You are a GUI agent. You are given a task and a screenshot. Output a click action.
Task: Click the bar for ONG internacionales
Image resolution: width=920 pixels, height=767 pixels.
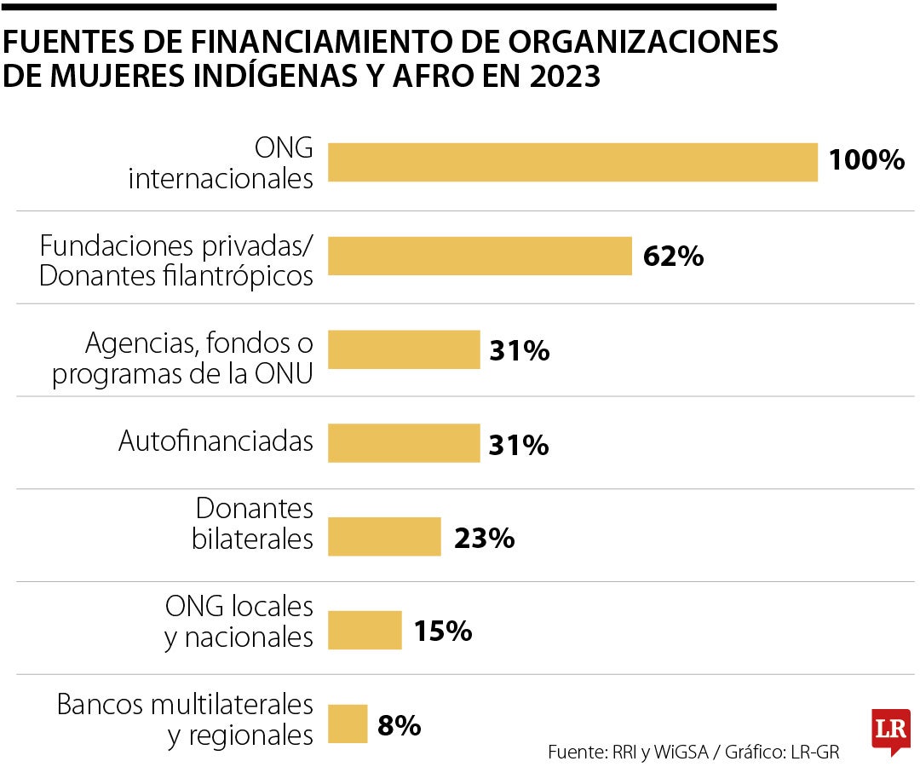pos(572,162)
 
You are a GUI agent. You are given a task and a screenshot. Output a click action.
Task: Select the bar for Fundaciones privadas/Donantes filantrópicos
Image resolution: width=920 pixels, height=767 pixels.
pos(480,256)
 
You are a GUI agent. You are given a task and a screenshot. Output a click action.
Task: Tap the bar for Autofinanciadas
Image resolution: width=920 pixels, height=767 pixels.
pos(404,443)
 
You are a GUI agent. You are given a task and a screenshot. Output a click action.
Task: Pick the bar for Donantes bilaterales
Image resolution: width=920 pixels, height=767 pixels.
pos(384,537)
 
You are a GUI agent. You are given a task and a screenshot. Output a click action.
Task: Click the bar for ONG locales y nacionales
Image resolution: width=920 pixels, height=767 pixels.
pos(365,631)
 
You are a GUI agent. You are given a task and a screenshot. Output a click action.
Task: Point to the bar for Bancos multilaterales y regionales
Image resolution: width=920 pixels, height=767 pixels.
pos(348,724)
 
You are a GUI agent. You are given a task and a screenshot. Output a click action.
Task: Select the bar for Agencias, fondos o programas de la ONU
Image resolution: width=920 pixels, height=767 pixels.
pos(404,349)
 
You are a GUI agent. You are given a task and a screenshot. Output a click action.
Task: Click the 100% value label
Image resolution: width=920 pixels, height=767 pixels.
pos(866,160)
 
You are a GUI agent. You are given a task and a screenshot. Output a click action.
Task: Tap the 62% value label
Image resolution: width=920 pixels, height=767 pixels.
pos(673,256)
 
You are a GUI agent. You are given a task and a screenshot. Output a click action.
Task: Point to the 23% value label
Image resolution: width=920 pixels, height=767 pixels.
pos(484,538)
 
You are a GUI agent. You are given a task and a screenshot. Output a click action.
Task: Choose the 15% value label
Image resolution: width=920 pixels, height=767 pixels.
pos(443,631)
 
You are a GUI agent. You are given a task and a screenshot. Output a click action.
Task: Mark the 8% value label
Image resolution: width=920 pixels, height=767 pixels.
pos(399,725)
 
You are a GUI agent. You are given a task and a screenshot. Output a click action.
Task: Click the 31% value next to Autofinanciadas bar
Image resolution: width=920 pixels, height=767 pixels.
pos(519,444)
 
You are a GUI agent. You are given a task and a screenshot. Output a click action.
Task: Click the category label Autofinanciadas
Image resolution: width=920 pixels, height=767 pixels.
pos(216,441)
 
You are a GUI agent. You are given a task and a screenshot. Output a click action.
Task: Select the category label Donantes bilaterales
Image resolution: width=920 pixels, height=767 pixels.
pos(253,524)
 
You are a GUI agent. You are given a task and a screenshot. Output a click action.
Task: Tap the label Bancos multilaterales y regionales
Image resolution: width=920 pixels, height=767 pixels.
pos(185,719)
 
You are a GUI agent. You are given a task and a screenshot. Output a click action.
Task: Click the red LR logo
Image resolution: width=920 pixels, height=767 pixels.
pos(891,730)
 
